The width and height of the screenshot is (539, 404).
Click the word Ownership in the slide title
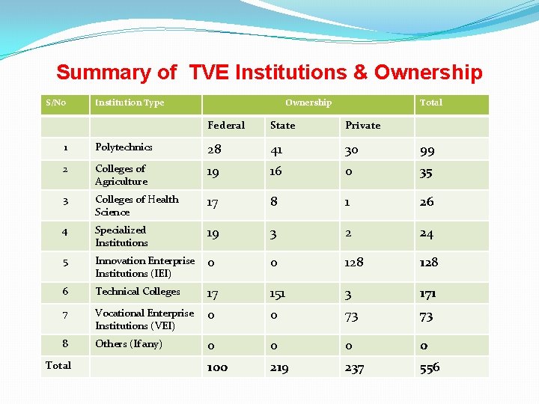[x=428, y=73]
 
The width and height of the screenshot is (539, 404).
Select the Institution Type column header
[x=130, y=102]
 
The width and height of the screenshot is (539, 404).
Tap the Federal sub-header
[x=226, y=125]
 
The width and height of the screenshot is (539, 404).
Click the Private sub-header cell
[x=362, y=125]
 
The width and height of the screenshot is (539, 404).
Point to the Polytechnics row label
[x=124, y=147]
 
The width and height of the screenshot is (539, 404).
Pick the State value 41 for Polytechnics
[x=278, y=150]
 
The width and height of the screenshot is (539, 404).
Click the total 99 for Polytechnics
[x=427, y=150]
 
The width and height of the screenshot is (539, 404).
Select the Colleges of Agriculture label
[x=121, y=175]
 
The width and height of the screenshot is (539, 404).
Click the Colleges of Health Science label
[x=137, y=205]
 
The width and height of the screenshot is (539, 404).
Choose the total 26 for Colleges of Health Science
[x=427, y=202]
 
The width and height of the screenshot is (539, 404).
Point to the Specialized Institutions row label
[x=121, y=236]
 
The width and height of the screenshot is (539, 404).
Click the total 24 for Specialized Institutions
[x=427, y=233]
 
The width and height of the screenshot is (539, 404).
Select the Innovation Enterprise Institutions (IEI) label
[x=144, y=267]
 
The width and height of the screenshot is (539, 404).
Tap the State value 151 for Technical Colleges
[x=279, y=293]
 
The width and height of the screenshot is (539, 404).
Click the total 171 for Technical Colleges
[x=428, y=293]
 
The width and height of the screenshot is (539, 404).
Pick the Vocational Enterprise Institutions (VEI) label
[x=144, y=319]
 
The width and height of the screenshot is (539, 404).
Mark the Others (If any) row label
[x=129, y=344]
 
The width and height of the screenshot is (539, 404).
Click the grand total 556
[x=430, y=367]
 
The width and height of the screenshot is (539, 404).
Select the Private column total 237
[x=354, y=367]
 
